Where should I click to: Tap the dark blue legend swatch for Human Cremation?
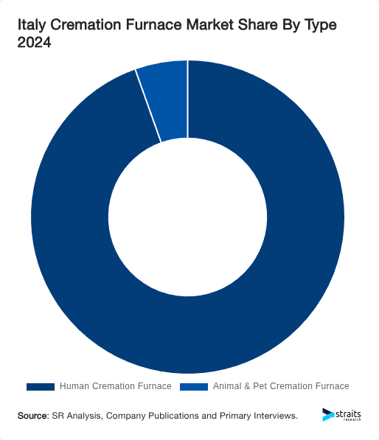(41, 386)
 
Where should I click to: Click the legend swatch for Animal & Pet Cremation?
(194, 386)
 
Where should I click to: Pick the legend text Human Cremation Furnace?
(115, 386)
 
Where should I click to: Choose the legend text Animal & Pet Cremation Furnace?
(281, 386)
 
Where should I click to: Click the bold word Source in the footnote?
(32, 416)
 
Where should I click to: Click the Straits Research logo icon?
(327, 415)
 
